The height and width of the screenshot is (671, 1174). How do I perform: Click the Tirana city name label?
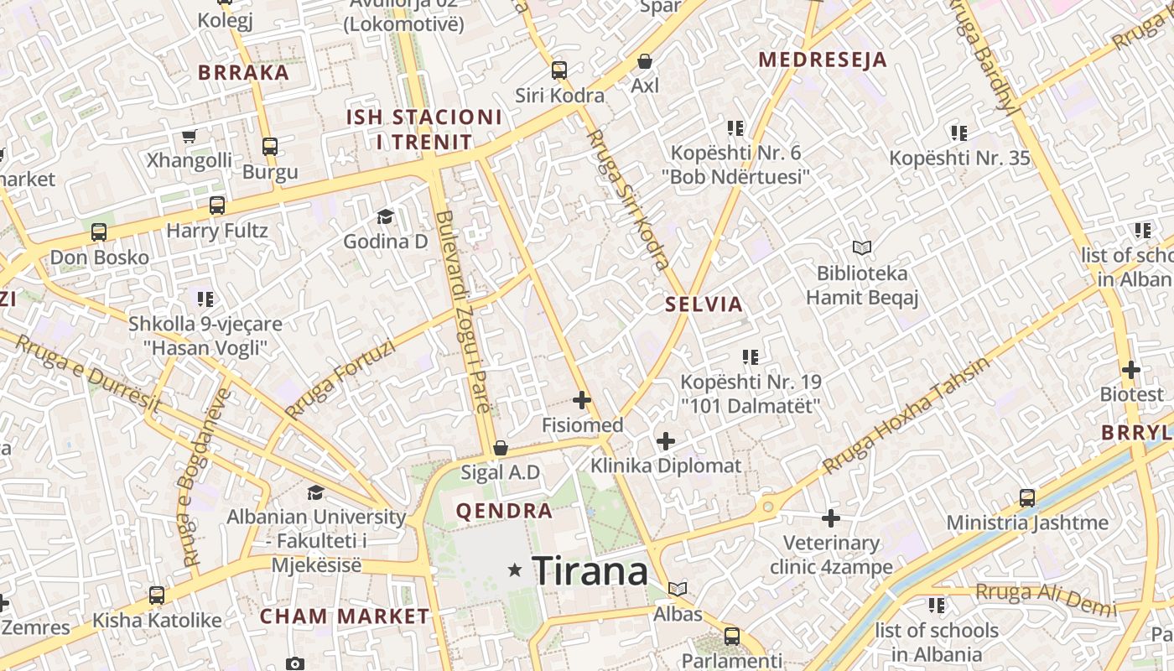[590, 571]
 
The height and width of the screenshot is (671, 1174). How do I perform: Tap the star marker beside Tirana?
[515, 570]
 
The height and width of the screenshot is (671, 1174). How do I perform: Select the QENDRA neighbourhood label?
[504, 510]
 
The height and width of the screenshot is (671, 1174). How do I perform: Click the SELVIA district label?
[704, 304]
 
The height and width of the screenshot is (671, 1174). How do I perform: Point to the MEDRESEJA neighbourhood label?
[823, 60]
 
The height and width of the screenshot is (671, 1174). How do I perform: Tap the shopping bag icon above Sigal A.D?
[501, 448]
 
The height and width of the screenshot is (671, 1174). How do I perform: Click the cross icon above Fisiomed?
[582, 400]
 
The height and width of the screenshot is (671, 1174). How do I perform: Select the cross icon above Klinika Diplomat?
[666, 441]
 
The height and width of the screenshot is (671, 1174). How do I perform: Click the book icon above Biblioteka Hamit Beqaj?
[862, 247]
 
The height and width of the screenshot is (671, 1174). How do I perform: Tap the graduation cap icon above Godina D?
[385, 216]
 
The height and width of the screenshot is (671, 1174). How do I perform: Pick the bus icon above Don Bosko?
[99, 232]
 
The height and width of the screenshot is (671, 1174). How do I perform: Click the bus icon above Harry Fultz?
[217, 205]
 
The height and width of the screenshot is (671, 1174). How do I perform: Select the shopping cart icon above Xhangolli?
[190, 136]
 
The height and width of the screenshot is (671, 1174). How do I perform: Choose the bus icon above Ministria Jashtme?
[1027, 498]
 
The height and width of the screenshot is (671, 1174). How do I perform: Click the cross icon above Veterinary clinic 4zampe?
[831, 518]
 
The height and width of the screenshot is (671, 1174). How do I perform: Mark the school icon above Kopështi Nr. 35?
[959, 133]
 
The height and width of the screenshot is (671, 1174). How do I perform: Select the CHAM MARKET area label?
[345, 616]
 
